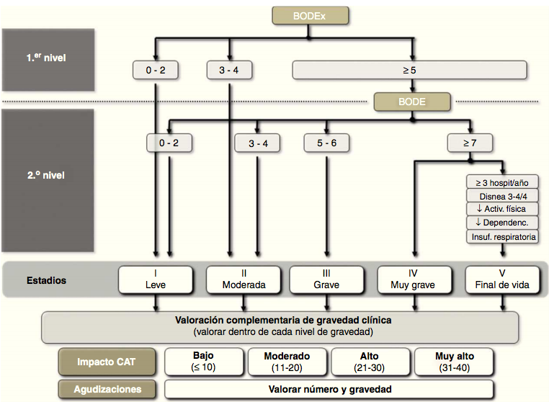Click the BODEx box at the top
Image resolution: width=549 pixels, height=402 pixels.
click(310, 15)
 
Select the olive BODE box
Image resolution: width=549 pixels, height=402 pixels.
click(412, 101)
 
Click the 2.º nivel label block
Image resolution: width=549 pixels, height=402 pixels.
click(48, 174)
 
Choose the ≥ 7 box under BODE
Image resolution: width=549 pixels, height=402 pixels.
click(470, 143)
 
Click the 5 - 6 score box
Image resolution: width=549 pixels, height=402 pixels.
click(327, 143)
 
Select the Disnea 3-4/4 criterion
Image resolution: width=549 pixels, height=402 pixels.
click(501, 195)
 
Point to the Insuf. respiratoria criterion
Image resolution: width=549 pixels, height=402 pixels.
click(501, 236)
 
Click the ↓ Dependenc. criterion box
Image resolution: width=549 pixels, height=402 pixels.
click(501, 223)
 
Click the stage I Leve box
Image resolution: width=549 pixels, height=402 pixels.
click(156, 279)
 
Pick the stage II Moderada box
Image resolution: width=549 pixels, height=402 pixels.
click(244, 279)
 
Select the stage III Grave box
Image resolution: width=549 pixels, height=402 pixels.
click(328, 279)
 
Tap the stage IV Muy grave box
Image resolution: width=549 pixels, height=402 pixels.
click(414, 279)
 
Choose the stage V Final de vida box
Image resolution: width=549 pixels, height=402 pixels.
click(501, 279)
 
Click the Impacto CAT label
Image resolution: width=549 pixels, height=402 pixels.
click(107, 361)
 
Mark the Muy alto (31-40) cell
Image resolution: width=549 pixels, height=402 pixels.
click(454, 361)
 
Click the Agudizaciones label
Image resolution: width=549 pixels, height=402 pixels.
click(107, 389)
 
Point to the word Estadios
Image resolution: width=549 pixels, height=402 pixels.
click(45, 280)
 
